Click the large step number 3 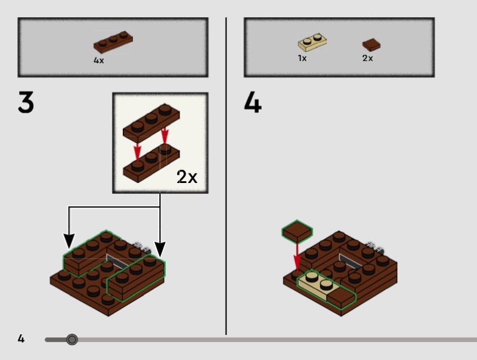(26, 102)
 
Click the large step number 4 (252, 103)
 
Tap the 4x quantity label (98, 60)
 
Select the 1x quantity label (302, 58)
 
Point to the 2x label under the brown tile (367, 58)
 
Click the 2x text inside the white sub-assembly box (187, 176)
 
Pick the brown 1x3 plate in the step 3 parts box (113, 42)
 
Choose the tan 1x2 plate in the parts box (312, 42)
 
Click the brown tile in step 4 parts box (371, 45)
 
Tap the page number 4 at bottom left (21, 339)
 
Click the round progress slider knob (72, 339)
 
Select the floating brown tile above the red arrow (297, 231)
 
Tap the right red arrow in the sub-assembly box (165, 135)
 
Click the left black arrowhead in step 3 (69, 241)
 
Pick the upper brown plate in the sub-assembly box (151, 122)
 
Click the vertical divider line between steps (226, 176)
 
